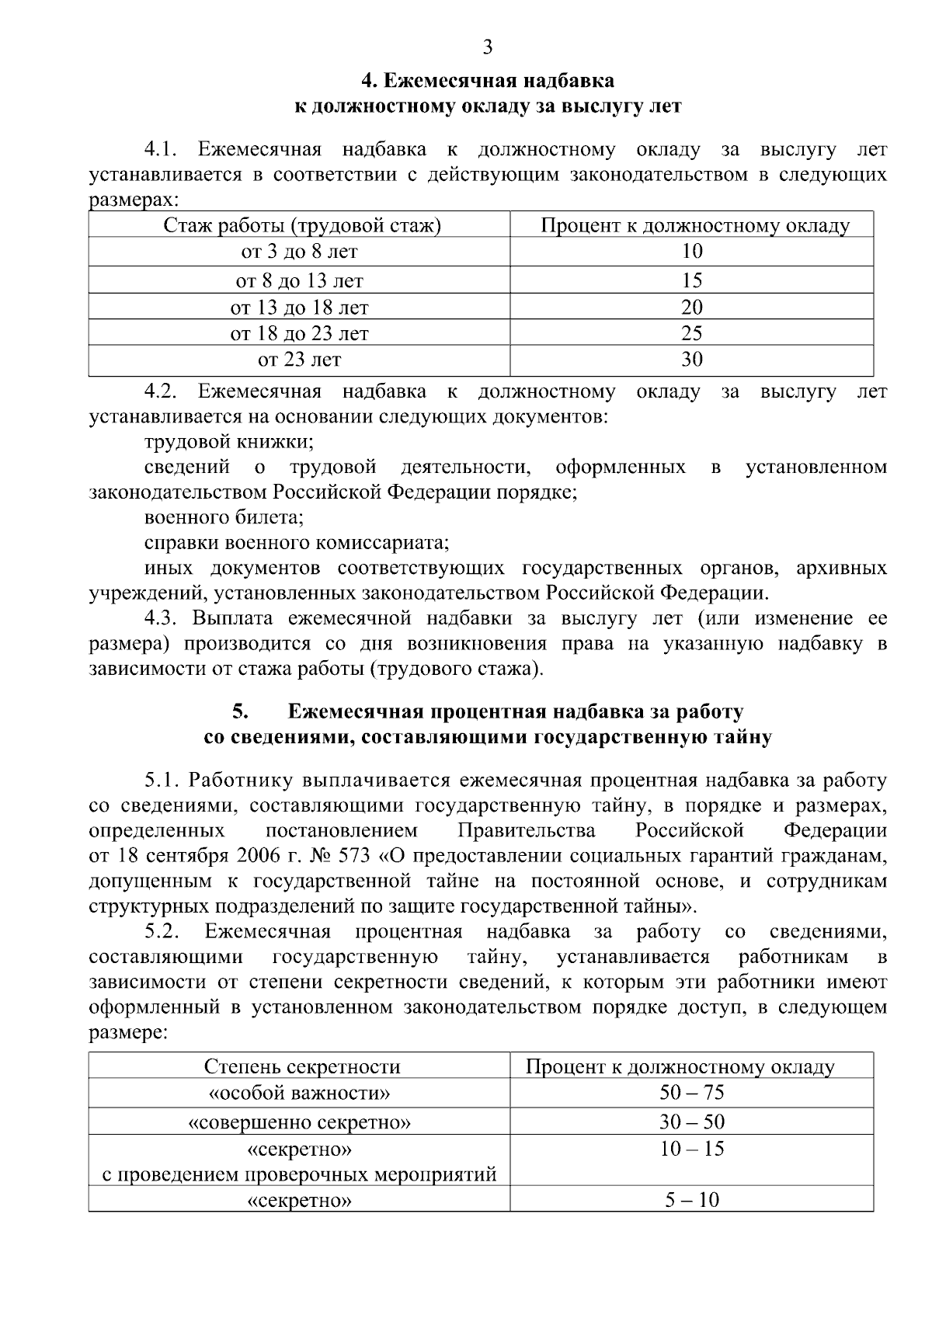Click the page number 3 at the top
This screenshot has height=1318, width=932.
coord(487,48)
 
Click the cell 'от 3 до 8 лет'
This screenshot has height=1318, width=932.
coord(299,252)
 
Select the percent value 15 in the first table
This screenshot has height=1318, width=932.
coord(691,280)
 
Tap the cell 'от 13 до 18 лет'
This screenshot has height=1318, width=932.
coord(299,308)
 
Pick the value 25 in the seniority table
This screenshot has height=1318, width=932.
coord(691,333)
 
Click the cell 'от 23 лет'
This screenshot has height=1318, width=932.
coord(299,360)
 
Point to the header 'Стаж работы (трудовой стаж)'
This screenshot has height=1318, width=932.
coord(301,226)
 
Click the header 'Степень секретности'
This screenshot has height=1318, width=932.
coord(301,1066)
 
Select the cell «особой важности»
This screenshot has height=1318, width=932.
coord(299,1094)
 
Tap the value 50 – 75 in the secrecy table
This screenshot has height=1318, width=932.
coord(691,1093)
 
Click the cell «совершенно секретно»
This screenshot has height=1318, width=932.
coord(299,1122)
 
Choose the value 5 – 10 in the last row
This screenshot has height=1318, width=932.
coord(691,1200)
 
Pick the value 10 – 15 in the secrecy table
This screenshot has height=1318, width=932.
coord(691,1149)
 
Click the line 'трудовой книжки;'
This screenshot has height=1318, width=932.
coord(228,443)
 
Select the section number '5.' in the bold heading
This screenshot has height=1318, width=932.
coord(239,711)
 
